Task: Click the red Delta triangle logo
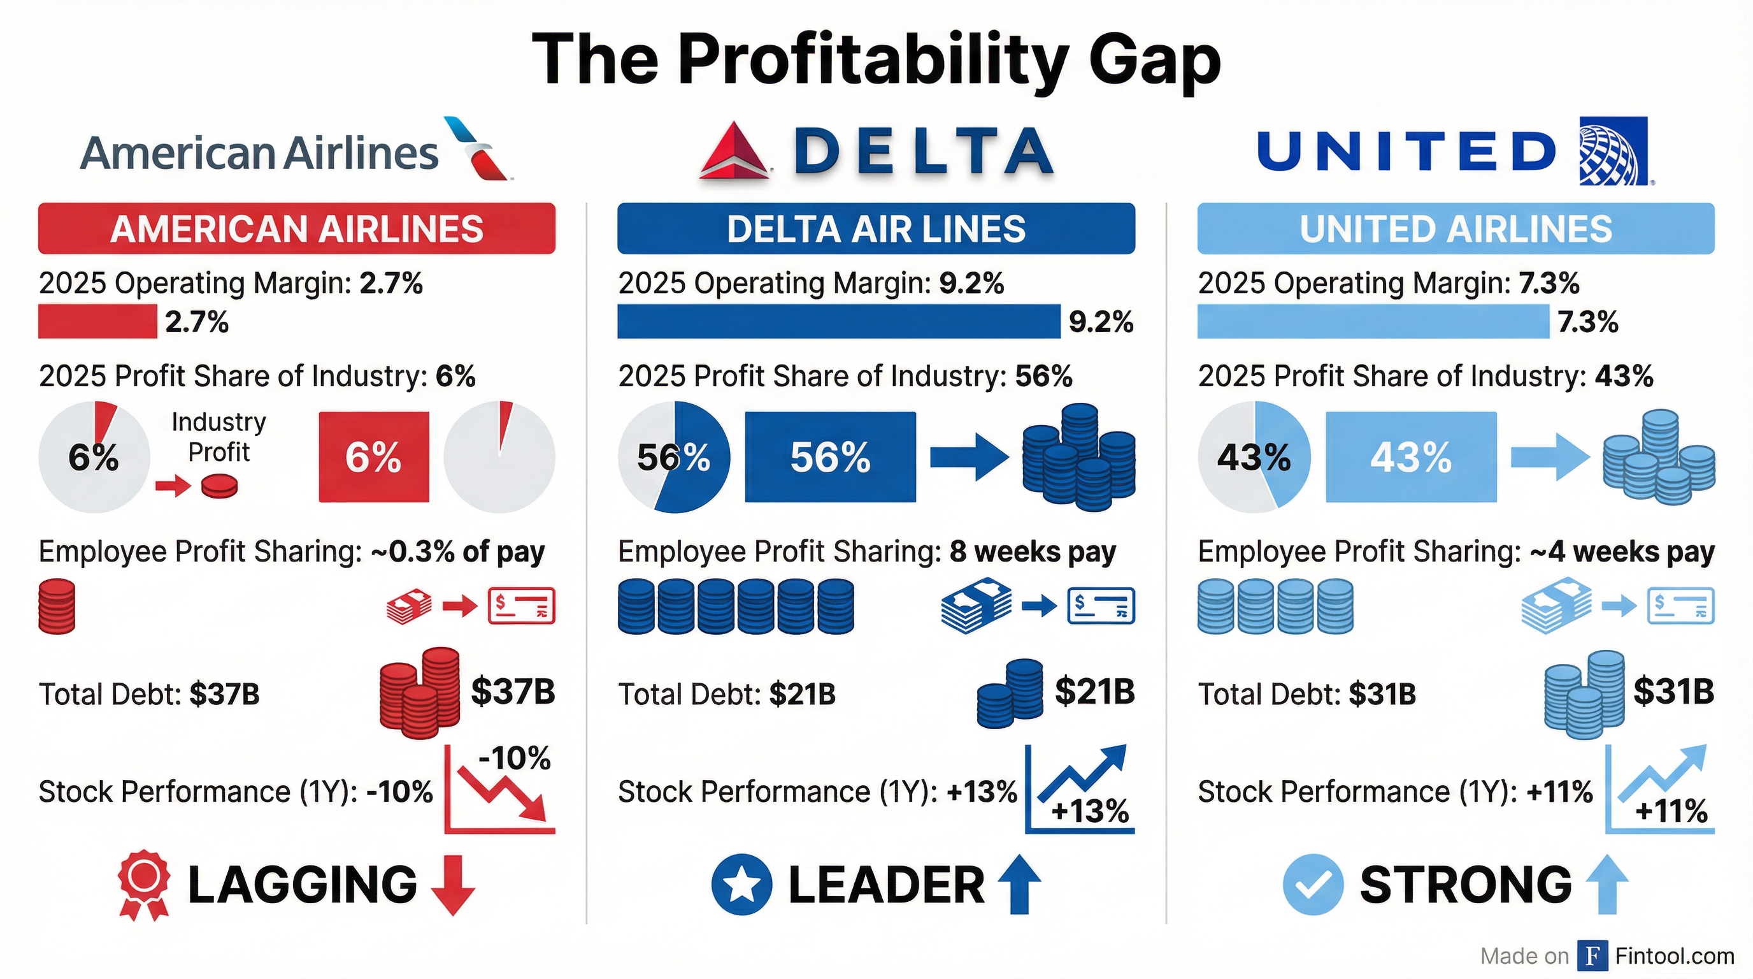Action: pyautogui.click(x=734, y=151)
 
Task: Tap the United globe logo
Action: pyautogui.click(x=1613, y=150)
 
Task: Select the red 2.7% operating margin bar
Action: pyautogui.click(x=97, y=321)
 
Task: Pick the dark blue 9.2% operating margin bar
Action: pyautogui.click(x=838, y=321)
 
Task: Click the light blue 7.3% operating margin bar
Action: pyautogui.click(x=1373, y=321)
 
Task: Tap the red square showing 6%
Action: pyautogui.click(x=374, y=457)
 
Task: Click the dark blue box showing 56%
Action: pyautogui.click(x=829, y=457)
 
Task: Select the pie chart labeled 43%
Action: pyautogui.click(x=1254, y=457)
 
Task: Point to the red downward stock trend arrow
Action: pyautogui.click(x=504, y=793)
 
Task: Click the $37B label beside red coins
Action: pyautogui.click(x=512, y=692)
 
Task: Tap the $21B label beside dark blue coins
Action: pyautogui.click(x=1094, y=692)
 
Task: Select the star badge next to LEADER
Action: pyautogui.click(x=741, y=885)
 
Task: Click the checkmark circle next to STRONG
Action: pyautogui.click(x=1313, y=885)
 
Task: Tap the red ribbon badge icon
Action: pyautogui.click(x=143, y=883)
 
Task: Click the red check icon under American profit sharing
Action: pyautogui.click(x=521, y=606)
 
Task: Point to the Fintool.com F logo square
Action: pyautogui.click(x=1592, y=956)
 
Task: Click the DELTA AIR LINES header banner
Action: pyautogui.click(x=876, y=229)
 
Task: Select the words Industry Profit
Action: pyautogui.click(x=218, y=437)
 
